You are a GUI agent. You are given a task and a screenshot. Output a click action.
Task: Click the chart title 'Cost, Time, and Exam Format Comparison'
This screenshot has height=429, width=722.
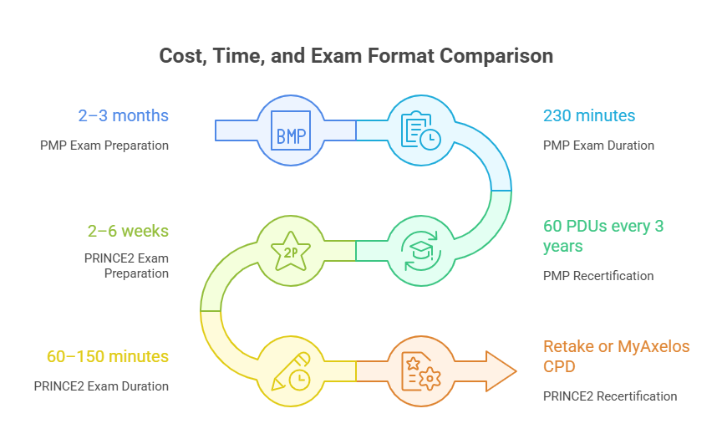pos(356,56)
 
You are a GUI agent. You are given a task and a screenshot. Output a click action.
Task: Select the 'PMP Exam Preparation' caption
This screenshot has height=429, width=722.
pos(104,145)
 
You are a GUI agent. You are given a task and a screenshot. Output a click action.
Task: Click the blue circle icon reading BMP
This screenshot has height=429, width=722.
pos(292,130)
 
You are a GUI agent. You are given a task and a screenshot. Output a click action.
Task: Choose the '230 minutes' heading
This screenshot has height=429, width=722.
pos(589,115)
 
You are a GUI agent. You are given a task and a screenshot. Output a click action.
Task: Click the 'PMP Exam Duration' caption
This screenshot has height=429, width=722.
pos(598,145)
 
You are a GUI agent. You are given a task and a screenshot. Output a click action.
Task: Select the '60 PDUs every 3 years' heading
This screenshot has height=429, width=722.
pos(603,237)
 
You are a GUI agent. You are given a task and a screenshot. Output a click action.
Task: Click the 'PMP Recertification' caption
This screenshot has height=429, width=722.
pos(598,275)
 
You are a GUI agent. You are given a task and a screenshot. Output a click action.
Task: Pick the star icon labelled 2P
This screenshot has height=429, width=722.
pos(292,250)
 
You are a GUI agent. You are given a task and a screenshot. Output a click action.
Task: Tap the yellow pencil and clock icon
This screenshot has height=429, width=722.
pos(292,370)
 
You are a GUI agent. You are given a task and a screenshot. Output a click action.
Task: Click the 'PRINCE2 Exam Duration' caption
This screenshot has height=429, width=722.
pos(101,386)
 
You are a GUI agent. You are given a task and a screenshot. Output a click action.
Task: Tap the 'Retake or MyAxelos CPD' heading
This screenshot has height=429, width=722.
pos(617,356)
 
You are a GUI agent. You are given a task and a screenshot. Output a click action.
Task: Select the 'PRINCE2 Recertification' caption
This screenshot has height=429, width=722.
pos(610,396)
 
